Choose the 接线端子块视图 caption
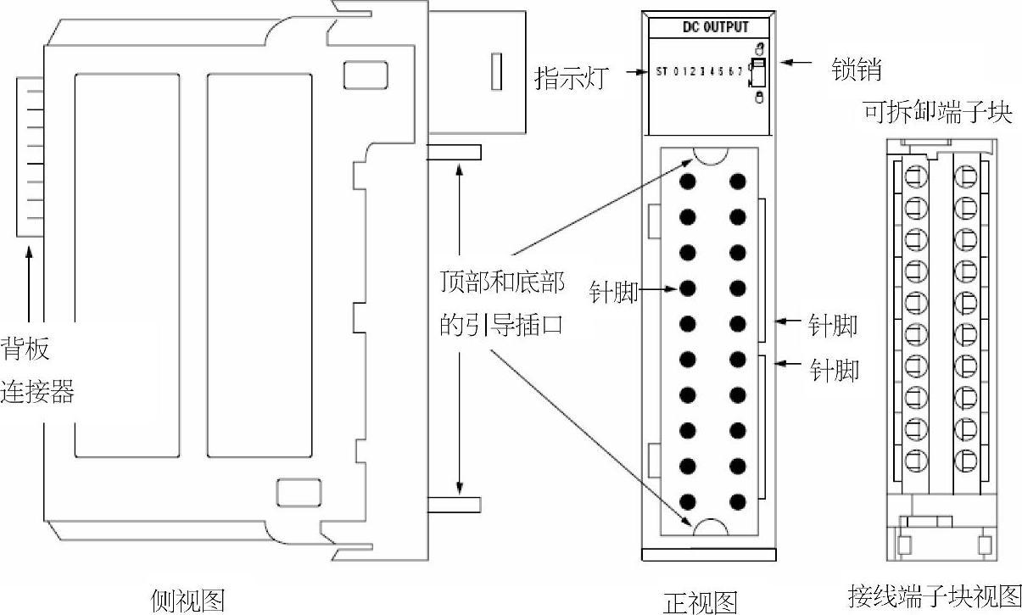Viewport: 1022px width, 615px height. (934, 593)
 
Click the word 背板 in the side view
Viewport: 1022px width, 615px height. (25, 349)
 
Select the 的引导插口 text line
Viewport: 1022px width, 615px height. (501, 326)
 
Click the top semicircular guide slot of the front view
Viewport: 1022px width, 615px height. (711, 157)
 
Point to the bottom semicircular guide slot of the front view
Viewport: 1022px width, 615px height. (711, 527)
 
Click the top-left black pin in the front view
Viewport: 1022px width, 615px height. (688, 182)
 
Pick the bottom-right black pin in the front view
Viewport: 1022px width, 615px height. (738, 501)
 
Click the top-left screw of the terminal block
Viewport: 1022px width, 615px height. (915, 177)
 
